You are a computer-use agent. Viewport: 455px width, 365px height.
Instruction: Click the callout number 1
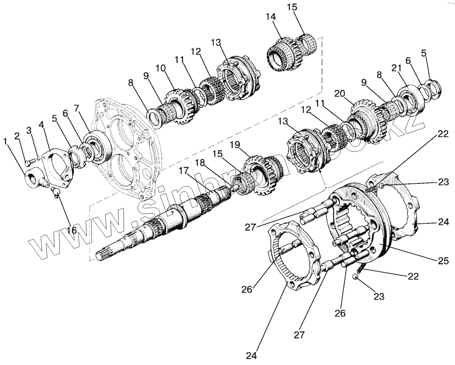[5, 141]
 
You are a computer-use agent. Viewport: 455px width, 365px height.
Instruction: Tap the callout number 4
[41, 125]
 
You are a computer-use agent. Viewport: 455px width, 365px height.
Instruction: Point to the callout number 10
[161, 68]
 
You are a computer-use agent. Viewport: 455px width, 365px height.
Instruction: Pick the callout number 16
[72, 230]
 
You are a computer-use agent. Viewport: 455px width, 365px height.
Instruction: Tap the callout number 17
[184, 171]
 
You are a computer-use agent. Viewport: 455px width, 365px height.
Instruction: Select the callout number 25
[443, 261]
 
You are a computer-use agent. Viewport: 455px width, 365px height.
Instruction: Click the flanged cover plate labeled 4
[57, 163]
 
